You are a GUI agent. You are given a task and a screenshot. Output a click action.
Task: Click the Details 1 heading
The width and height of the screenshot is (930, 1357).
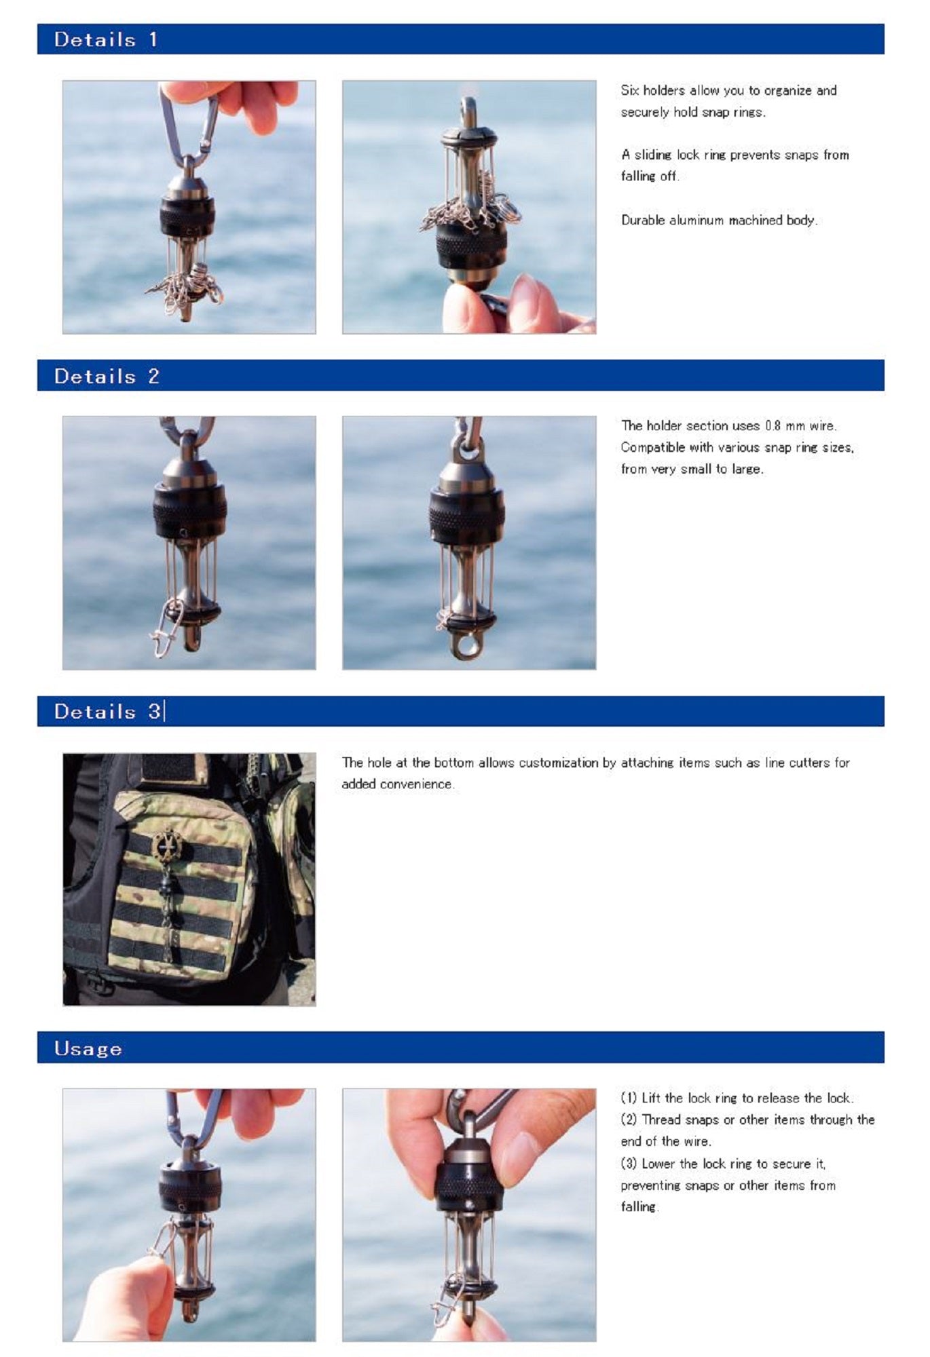click(106, 39)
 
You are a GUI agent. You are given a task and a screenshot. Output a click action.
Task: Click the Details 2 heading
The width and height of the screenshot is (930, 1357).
click(107, 376)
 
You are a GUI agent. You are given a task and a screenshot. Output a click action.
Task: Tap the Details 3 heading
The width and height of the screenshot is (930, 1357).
click(108, 711)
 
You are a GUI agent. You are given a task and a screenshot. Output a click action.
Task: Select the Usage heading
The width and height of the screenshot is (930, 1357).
click(88, 1048)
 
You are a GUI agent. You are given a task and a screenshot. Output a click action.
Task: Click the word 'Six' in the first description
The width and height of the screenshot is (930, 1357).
click(630, 90)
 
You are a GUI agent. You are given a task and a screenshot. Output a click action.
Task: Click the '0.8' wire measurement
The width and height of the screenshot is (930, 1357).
click(773, 425)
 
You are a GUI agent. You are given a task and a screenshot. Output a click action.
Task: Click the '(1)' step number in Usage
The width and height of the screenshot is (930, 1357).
click(629, 1098)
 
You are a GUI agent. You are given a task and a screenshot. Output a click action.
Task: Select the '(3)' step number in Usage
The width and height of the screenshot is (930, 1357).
click(629, 1164)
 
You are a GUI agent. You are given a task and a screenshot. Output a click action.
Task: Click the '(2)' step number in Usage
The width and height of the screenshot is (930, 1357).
click(629, 1120)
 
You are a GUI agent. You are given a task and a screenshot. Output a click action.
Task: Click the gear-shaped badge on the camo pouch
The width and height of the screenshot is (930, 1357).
click(166, 845)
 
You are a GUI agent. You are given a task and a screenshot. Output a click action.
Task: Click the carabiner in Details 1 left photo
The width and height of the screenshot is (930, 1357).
click(188, 126)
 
